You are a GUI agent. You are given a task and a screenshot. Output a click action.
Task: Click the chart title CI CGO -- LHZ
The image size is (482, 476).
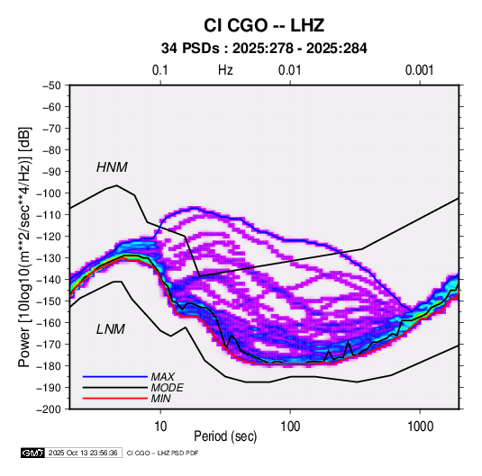[x=264, y=25]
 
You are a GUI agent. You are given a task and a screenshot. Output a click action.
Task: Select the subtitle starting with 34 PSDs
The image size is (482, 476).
[x=264, y=49]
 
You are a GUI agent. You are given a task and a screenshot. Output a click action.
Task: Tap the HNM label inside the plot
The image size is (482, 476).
[x=112, y=167]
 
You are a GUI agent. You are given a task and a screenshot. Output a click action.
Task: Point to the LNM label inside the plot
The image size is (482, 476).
[x=111, y=329]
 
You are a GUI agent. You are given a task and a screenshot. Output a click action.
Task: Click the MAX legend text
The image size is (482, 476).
[x=162, y=377]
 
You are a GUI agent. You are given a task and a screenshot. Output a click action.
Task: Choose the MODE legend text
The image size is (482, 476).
[x=167, y=388]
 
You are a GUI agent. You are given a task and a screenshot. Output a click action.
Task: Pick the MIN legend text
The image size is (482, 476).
[x=160, y=399]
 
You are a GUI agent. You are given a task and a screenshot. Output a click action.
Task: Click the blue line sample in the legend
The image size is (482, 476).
[x=115, y=377]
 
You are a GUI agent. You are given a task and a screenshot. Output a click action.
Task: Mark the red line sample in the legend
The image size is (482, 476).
[x=115, y=399]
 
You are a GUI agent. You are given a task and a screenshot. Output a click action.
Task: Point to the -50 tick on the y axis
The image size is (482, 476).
[x=51, y=85]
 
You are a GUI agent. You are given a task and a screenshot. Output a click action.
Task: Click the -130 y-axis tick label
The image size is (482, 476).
[x=49, y=258]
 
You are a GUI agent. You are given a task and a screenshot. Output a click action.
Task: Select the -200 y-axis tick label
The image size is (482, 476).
[x=49, y=409]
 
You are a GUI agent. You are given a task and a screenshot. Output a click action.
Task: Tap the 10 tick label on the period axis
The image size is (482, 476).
[x=160, y=426]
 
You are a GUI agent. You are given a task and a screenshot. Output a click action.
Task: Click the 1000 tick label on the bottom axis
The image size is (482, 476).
[x=420, y=426]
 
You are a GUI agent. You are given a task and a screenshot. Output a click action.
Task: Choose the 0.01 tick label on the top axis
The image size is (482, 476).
[x=290, y=70]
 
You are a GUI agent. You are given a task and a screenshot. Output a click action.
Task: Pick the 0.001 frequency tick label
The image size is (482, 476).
[x=420, y=70]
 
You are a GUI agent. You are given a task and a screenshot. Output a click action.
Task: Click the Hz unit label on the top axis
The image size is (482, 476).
[x=225, y=70]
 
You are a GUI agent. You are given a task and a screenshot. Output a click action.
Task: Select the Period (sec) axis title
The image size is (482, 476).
[x=225, y=436]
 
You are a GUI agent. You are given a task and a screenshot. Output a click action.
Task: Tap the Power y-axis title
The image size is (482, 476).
[x=24, y=247]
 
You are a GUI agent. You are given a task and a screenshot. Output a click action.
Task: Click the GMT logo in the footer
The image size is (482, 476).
[x=32, y=453]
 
